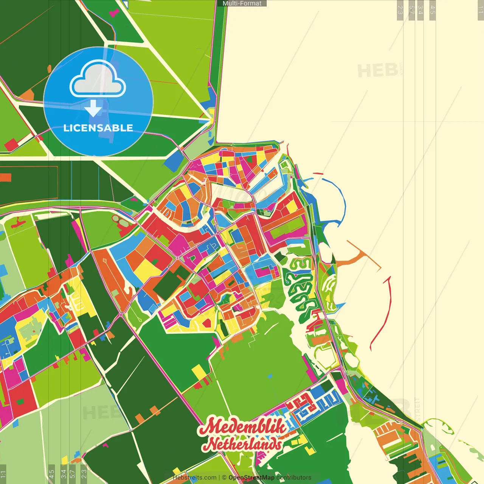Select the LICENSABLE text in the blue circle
click(x=98, y=128)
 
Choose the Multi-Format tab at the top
click(x=242, y=3)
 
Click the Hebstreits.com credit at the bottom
click(x=194, y=478)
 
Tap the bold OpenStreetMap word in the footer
click(x=251, y=478)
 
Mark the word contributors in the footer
click(x=294, y=478)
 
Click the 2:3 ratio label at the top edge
click(x=400, y=10)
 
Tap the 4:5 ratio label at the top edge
click(x=433, y=10)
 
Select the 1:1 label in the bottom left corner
click(x=3, y=474)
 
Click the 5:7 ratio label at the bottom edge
click(x=73, y=474)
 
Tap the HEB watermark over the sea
click(x=377, y=71)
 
